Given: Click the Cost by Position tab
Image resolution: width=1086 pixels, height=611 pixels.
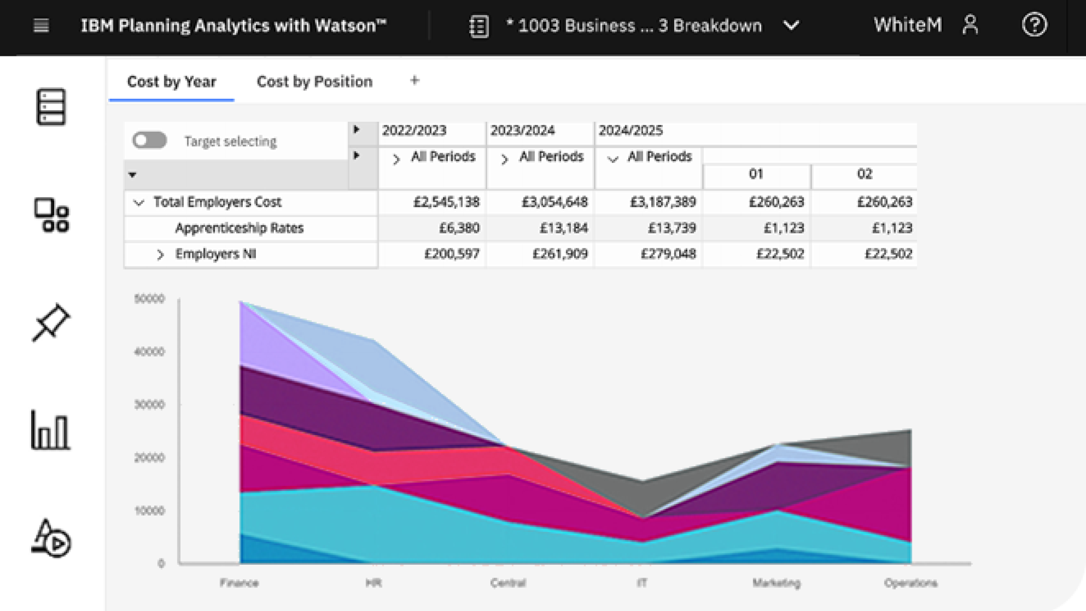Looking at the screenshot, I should [x=314, y=81].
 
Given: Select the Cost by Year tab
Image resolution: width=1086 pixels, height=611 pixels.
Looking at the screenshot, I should [x=171, y=81].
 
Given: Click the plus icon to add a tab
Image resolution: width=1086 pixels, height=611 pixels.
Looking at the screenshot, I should [x=414, y=80].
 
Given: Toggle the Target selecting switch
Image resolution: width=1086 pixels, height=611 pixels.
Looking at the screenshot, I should [x=150, y=140].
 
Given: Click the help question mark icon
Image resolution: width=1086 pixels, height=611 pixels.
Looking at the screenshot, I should [x=1034, y=25].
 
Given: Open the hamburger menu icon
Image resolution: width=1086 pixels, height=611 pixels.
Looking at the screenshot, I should [x=41, y=25].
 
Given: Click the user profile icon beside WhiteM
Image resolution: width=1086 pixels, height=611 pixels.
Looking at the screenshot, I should [x=970, y=25].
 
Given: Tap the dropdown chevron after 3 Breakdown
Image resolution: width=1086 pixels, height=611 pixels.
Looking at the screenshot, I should [x=791, y=25].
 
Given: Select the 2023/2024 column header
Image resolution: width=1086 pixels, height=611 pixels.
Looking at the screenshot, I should [x=522, y=131].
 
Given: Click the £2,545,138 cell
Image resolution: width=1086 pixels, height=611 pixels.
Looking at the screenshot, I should [x=446, y=202].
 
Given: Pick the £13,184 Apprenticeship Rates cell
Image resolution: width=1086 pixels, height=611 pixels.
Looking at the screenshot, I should [x=563, y=228].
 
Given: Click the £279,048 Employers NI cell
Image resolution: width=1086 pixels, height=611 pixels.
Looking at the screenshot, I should [x=668, y=254].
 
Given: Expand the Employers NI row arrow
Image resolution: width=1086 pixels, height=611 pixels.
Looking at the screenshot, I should [x=160, y=255].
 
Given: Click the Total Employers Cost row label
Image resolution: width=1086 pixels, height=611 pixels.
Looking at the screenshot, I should [x=217, y=202].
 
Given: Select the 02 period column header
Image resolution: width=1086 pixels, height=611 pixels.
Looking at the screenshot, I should [x=864, y=174].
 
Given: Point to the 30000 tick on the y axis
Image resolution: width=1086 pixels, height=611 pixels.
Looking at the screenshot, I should [x=149, y=405].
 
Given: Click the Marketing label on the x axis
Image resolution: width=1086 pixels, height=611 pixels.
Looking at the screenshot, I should [x=776, y=583].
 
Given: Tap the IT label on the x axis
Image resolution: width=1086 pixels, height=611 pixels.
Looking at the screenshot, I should [x=642, y=583].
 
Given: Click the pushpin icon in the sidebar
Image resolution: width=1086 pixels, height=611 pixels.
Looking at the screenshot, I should [x=51, y=322].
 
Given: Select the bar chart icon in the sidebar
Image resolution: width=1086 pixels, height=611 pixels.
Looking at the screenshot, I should [x=50, y=430].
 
